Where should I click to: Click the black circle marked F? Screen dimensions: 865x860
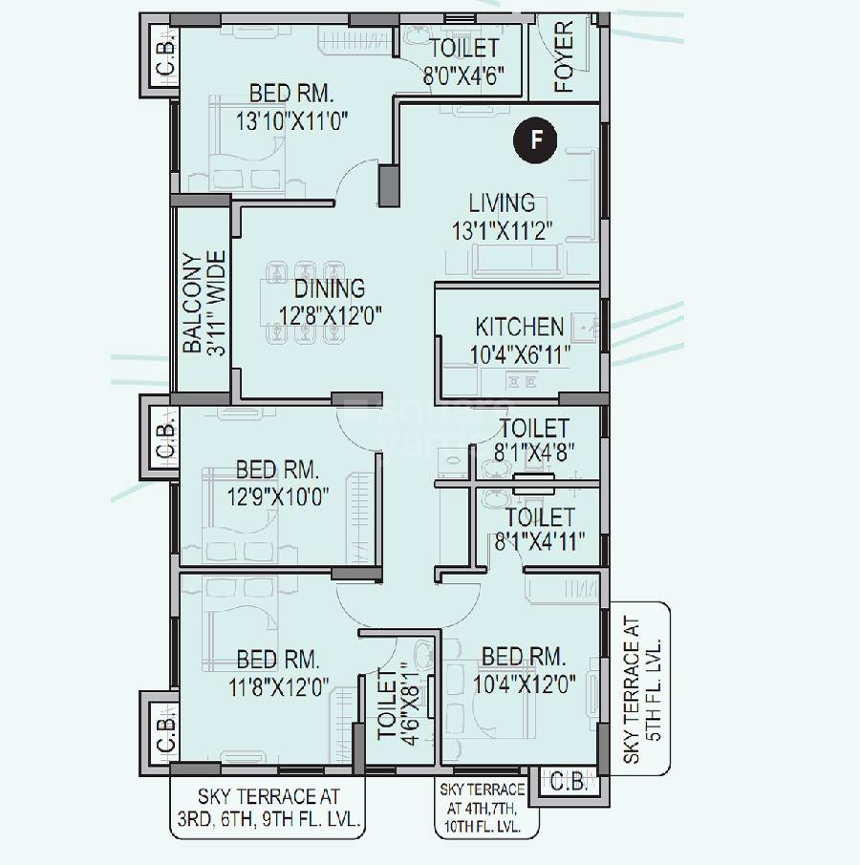pyautogui.click(x=537, y=141)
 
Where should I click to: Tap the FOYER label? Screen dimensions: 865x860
pyautogui.click(x=565, y=57)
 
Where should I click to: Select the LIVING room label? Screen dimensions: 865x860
pyautogui.click(x=501, y=202)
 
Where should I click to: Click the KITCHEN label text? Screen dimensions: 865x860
pyautogui.click(x=519, y=327)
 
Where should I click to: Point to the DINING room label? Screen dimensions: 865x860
pyautogui.click(x=329, y=288)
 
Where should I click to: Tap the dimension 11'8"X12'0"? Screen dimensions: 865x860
pyautogui.click(x=277, y=687)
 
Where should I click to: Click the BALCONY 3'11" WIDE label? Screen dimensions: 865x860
pyautogui.click(x=204, y=303)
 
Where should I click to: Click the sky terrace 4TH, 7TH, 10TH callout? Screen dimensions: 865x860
pyautogui.click(x=482, y=809)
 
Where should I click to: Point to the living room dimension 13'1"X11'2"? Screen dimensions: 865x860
pyautogui.click(x=503, y=230)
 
